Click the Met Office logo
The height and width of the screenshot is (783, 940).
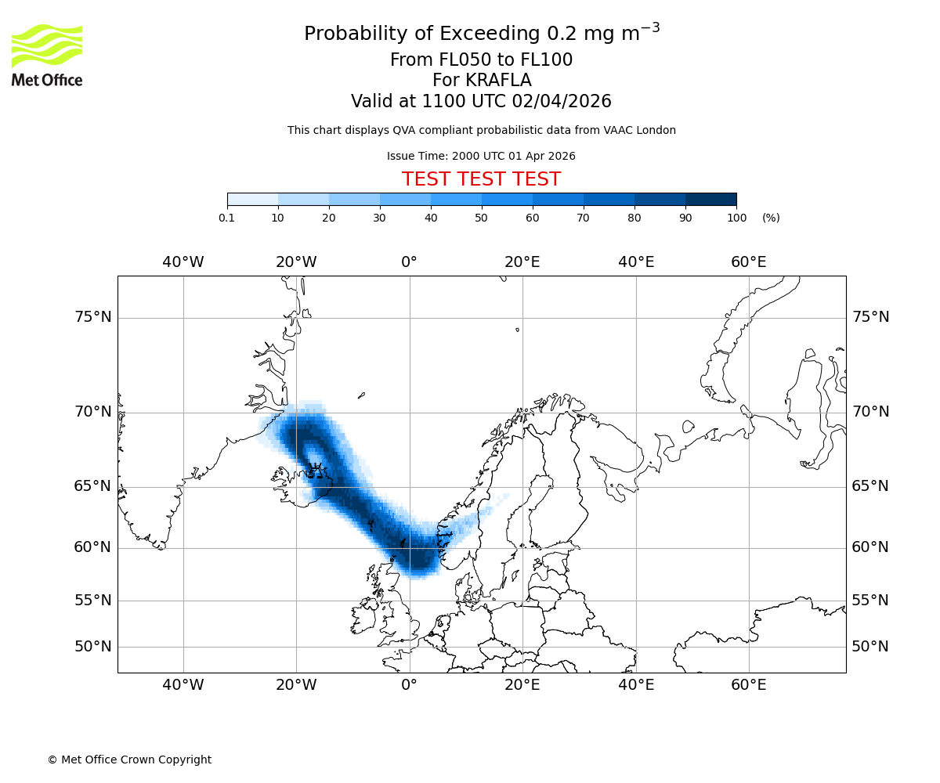[x=47, y=55]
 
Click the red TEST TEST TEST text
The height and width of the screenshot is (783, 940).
[x=481, y=179]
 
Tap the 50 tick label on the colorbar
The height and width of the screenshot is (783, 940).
[x=482, y=218]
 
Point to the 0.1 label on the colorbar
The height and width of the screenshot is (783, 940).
[x=226, y=218]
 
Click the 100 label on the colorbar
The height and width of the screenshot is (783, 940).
[x=736, y=218]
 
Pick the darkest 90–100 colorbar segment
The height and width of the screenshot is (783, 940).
[x=710, y=199]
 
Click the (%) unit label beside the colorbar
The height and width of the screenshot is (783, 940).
[x=771, y=218]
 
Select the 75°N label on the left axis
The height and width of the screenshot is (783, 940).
[x=92, y=317]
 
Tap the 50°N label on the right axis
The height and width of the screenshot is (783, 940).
[x=870, y=647]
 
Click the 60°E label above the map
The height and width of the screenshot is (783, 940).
[x=748, y=262]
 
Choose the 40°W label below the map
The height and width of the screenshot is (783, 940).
[x=183, y=685]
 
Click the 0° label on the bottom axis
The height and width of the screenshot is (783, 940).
[x=409, y=685]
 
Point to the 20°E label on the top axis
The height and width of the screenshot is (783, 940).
[x=522, y=262]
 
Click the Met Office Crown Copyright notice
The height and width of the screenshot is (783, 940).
[x=129, y=760]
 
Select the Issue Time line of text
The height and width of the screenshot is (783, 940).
[x=481, y=156]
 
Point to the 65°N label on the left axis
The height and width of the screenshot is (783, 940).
[x=92, y=486]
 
